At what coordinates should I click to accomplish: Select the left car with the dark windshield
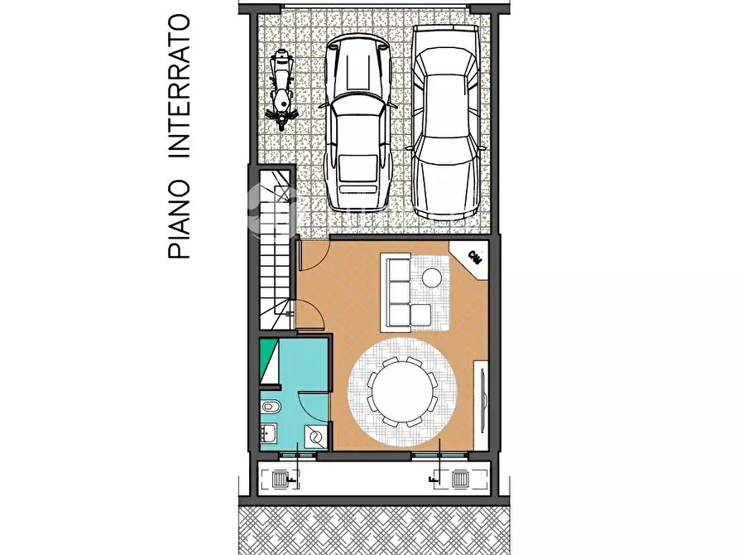pyautogui.click(x=358, y=124)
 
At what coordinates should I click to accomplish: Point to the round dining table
pyautogui.click(x=403, y=389)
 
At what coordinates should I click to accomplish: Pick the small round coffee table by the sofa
pyautogui.click(x=432, y=277)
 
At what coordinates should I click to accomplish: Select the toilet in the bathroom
pyautogui.click(x=271, y=408)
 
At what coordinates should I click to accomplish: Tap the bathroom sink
pyautogui.click(x=269, y=432)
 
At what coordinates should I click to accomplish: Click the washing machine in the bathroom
pyautogui.click(x=315, y=437)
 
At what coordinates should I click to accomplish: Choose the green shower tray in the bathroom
pyautogui.click(x=269, y=362)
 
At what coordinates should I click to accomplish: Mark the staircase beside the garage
pyautogui.click(x=276, y=249)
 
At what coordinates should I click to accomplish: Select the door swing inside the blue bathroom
pyautogui.click(x=313, y=406)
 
